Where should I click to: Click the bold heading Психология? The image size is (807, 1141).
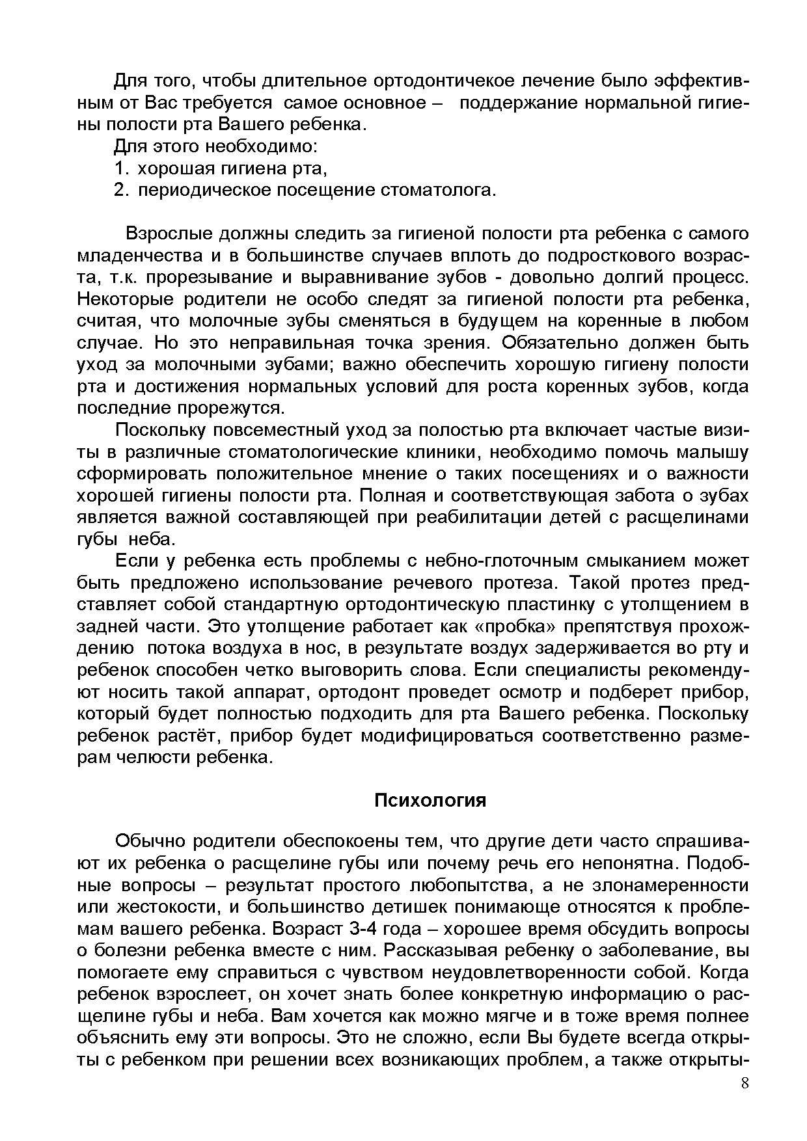(x=430, y=800)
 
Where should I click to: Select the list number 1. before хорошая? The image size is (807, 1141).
(x=122, y=168)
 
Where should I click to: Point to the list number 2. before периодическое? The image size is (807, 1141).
(x=122, y=190)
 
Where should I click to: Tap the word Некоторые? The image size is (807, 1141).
(x=126, y=299)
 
